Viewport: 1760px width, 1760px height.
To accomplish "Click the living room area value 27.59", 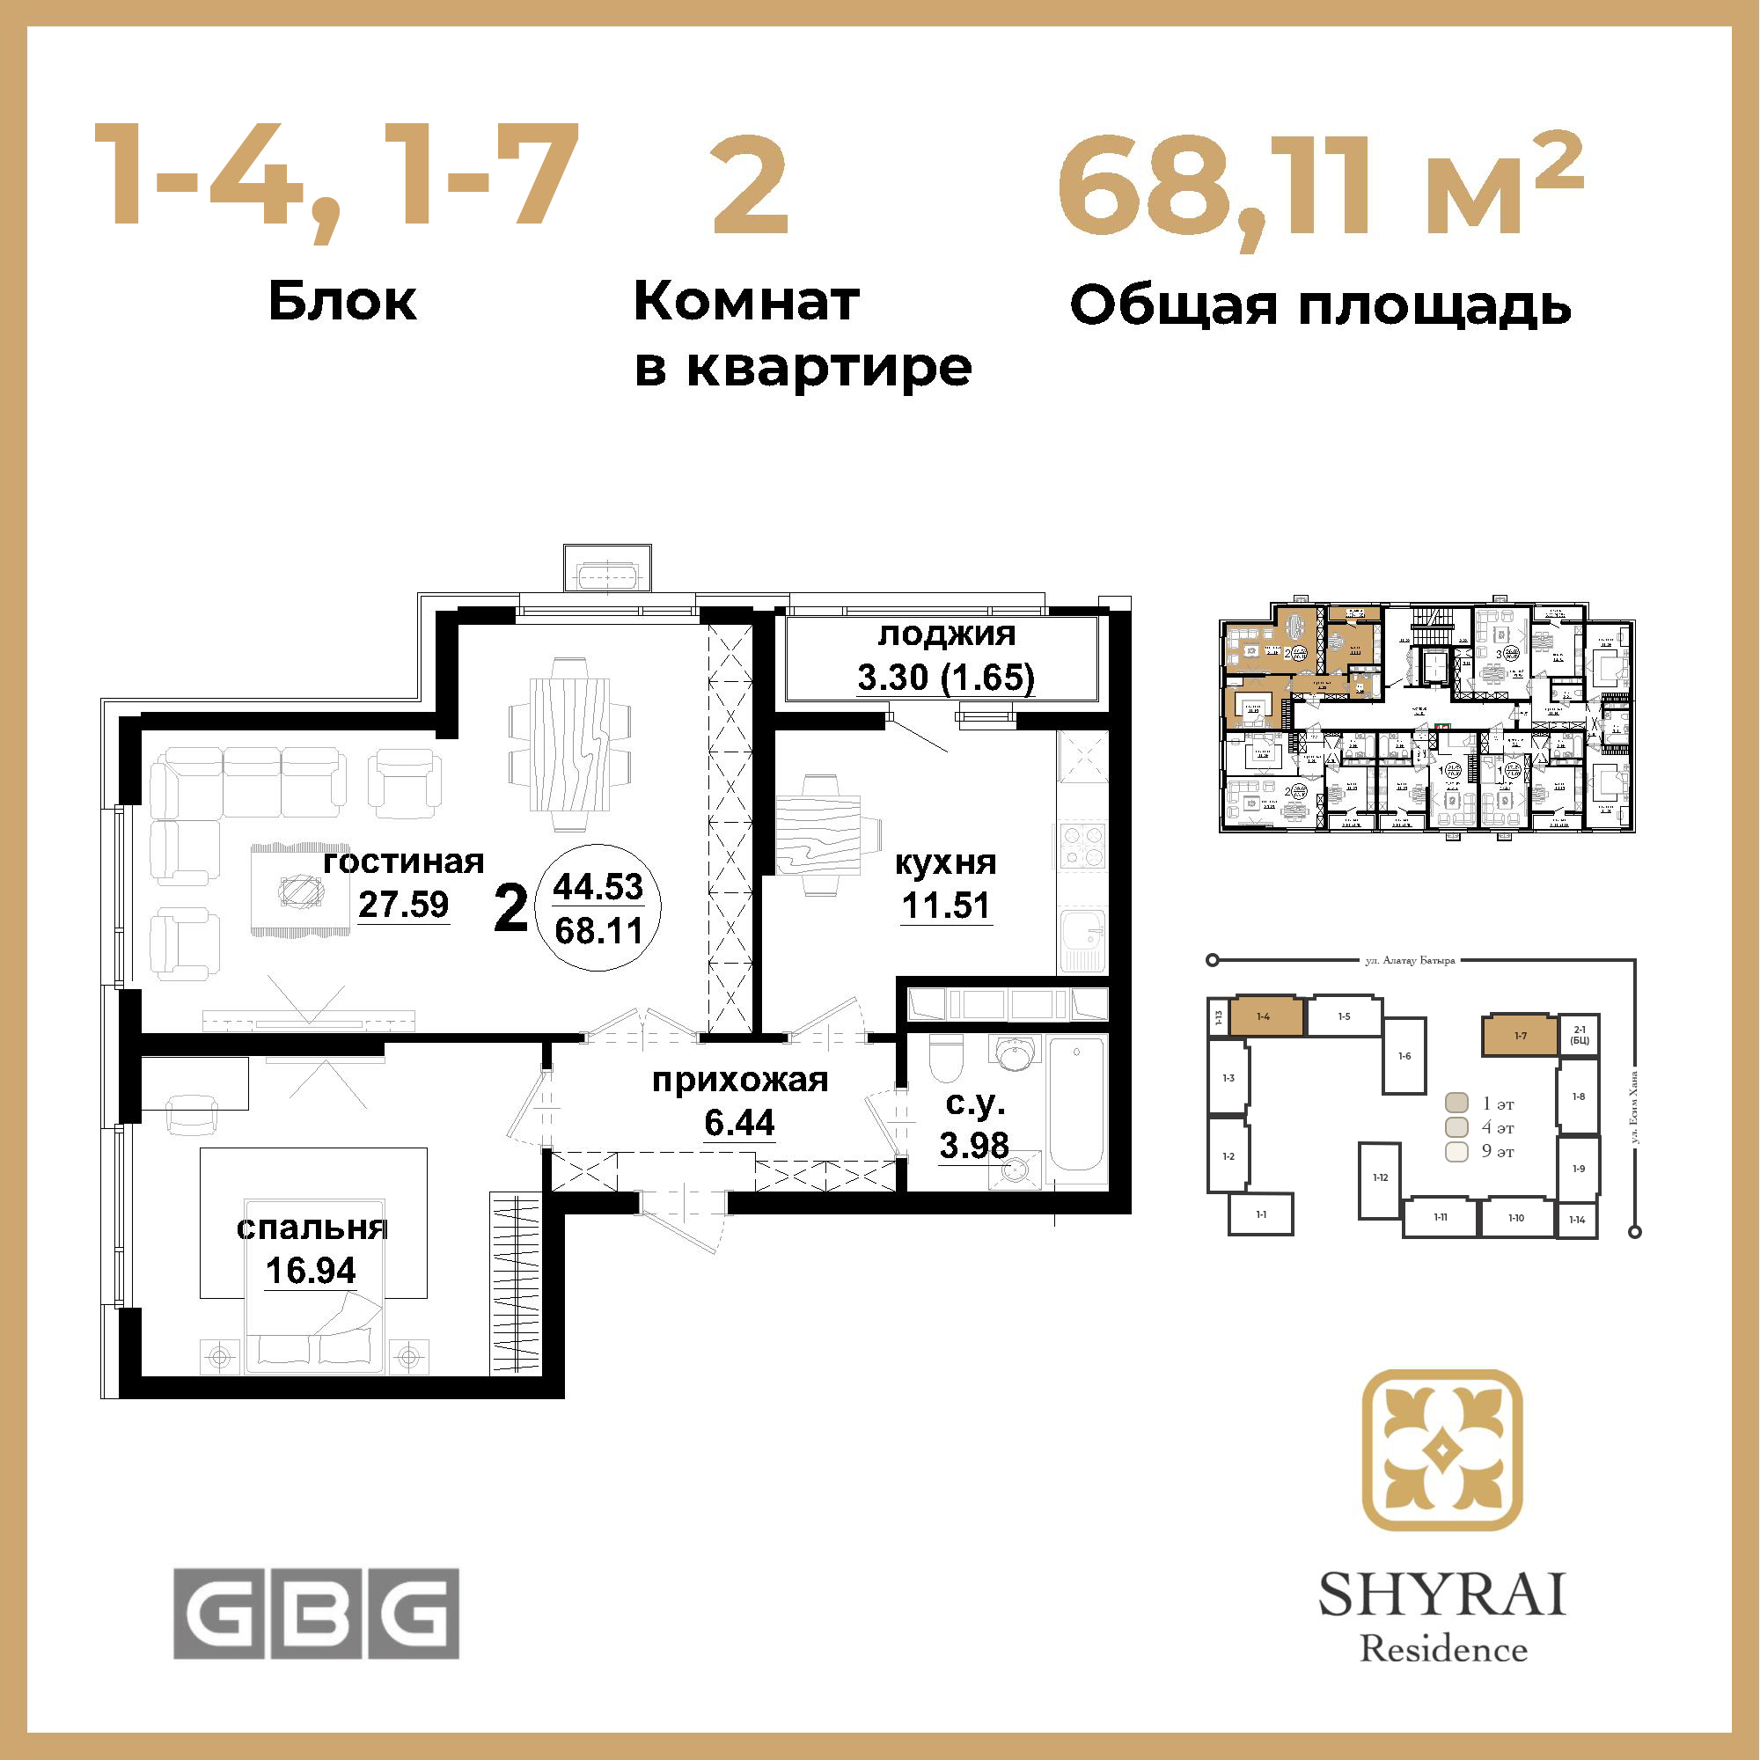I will coord(403,904).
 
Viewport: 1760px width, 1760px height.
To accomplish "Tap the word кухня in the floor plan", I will coord(946,862).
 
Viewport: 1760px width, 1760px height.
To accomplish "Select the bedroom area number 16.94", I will coord(311,1271).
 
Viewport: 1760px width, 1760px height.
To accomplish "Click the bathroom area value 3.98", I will coord(974,1145).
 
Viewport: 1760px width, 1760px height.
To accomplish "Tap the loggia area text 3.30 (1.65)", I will coord(946,678).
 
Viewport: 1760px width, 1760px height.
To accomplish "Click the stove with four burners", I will coord(1081,846).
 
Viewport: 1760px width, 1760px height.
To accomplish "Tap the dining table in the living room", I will coord(570,742).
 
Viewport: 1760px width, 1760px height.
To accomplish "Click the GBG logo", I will coord(316,1613).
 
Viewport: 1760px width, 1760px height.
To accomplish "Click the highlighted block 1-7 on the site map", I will coord(1520,1036).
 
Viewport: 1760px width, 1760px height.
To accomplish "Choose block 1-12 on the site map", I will coord(1380,1178).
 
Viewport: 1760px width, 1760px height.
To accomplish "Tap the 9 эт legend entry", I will coord(1479,1151).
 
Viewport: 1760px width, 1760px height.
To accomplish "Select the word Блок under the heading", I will coord(342,302).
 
